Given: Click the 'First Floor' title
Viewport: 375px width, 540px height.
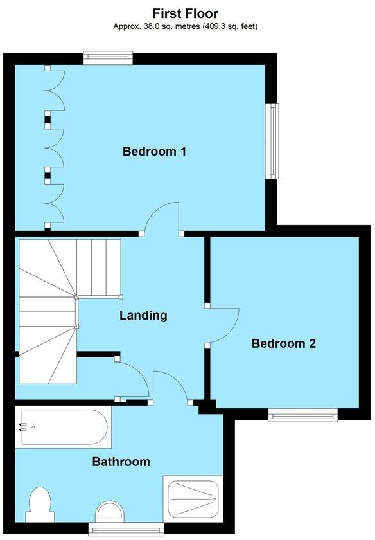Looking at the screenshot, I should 185,13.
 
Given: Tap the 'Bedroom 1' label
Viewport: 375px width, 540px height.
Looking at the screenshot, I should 154,152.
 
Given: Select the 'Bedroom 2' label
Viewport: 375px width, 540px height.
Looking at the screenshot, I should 283,343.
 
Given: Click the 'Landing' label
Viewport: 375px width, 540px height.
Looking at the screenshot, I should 143,315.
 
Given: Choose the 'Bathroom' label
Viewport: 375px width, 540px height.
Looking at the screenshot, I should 121,462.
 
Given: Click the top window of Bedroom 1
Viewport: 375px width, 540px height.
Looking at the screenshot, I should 108,58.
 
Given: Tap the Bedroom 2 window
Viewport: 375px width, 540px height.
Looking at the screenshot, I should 302,415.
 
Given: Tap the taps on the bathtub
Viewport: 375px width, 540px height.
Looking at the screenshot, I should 24,426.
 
